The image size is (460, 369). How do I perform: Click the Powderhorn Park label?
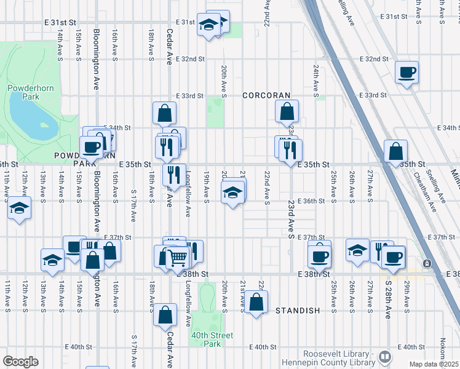[23, 92]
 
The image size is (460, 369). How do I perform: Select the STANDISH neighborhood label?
[298, 311]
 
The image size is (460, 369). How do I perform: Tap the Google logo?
[20, 362]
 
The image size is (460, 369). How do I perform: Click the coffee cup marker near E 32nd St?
[407, 73]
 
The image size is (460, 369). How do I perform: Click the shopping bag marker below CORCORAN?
[287, 112]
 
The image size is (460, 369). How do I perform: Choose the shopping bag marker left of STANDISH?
[257, 301]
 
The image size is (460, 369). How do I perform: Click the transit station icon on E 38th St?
[427, 263]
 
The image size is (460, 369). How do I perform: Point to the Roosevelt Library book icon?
[385, 356]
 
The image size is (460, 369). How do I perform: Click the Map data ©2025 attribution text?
[434, 364]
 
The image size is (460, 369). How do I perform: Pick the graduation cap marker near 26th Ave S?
[357, 250]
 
